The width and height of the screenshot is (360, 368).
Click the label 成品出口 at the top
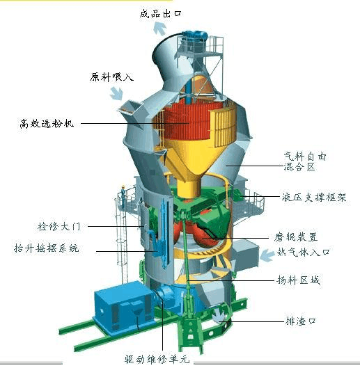coord(160,14)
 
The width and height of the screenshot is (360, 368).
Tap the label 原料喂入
coord(111,77)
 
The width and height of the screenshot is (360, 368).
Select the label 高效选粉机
coord(47,123)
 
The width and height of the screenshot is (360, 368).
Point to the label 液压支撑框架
coord(314,197)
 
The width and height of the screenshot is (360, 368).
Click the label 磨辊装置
coord(296,237)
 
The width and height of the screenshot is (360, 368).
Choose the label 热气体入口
coord(303,252)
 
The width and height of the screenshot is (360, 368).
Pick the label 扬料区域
coord(299,280)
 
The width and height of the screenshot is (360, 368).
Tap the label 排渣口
coord(301,321)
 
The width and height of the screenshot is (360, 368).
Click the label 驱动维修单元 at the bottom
coord(157,359)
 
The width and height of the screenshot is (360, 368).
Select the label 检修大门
coord(59,227)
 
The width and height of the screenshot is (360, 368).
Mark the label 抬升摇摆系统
coord(46,248)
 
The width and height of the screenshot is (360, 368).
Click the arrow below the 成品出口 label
coord(159,28)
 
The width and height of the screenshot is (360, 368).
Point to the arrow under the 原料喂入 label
coord(117,93)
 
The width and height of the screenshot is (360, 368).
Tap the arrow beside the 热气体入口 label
coord(267,255)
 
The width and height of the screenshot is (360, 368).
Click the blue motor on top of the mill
coord(195,35)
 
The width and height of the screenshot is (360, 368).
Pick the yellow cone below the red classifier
coord(189,164)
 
